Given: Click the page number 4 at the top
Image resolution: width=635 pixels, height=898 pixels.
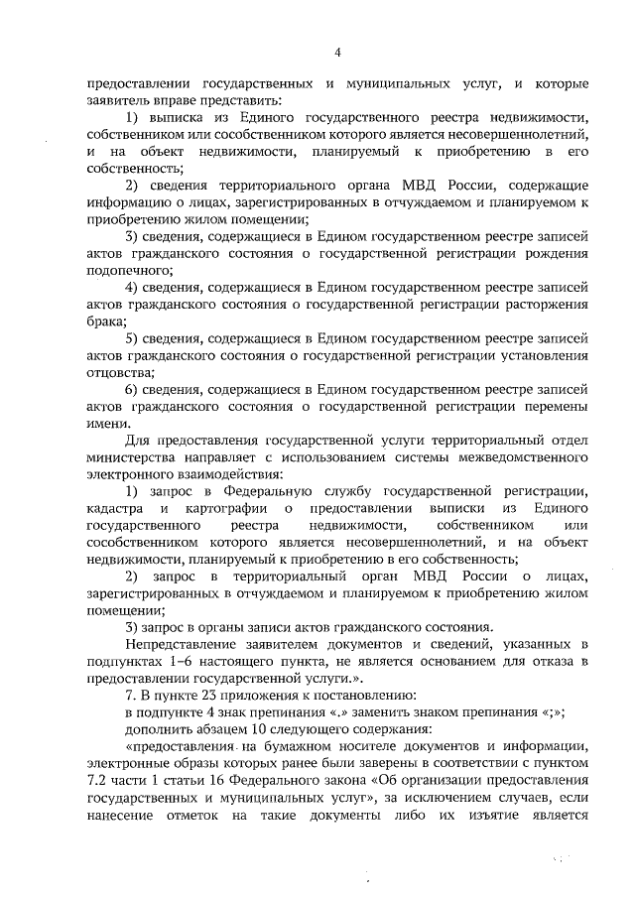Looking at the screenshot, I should coord(336,53).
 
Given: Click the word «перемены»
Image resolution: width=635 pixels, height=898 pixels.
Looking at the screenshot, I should coord(554,407).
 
